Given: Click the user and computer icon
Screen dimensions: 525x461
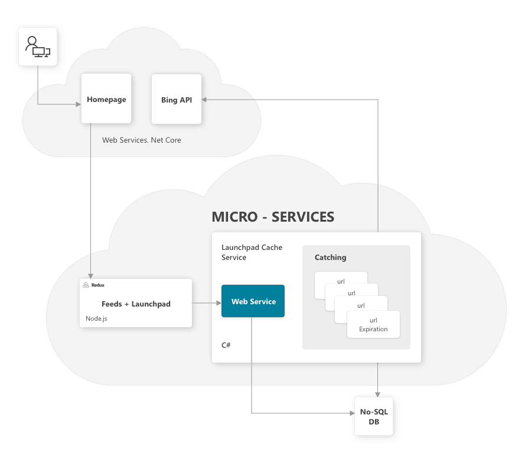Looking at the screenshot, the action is click(x=38, y=47).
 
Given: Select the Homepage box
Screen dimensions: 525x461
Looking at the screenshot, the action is click(x=106, y=98).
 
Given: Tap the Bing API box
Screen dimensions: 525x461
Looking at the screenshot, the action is click(x=177, y=99).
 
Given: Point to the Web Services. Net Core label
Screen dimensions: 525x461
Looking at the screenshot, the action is click(x=142, y=140).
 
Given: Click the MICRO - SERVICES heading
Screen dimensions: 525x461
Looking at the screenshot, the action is click(x=273, y=217).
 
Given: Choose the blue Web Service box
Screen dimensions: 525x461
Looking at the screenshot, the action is click(x=253, y=301).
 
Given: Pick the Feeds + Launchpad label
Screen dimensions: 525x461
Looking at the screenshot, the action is click(x=136, y=304).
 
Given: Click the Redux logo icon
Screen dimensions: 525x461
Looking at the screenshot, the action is click(x=86, y=285).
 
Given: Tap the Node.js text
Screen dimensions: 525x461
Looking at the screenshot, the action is click(x=96, y=318).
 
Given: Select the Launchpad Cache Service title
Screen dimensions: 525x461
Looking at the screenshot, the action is click(x=252, y=252).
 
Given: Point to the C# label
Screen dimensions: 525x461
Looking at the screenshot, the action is click(x=226, y=345).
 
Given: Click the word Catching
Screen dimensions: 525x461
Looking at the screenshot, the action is click(x=331, y=258).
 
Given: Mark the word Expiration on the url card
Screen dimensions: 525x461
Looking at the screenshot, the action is click(x=373, y=329).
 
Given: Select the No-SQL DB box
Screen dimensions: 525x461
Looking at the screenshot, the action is click(x=374, y=416).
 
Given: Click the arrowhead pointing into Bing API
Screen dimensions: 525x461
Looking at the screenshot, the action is click(x=204, y=100).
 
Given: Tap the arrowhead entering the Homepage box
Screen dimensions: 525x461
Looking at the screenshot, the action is click(x=79, y=104).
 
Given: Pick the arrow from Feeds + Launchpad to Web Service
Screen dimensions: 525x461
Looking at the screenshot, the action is click(x=207, y=303).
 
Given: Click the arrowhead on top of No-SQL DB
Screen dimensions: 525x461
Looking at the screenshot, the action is click(x=378, y=394).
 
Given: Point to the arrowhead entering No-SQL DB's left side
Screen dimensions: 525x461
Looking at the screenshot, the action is click(x=352, y=413).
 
